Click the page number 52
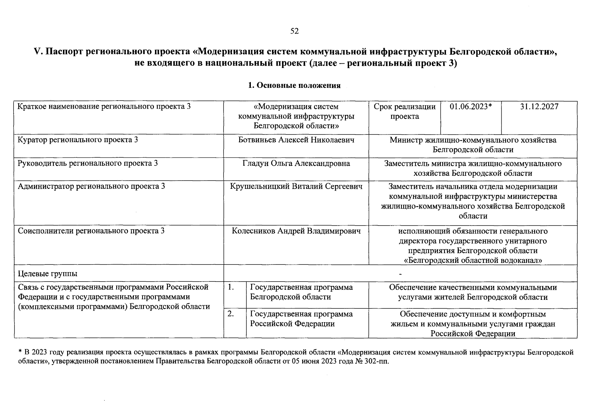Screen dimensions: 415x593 (294, 31)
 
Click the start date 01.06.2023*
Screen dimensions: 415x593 (471, 107)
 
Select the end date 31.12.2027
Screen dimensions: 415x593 (539, 107)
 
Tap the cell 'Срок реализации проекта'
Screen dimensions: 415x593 (404, 111)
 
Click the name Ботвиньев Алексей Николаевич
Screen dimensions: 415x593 (296, 140)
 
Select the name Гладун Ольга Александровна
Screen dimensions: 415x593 (296, 163)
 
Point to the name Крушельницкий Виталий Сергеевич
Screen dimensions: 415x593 (296, 186)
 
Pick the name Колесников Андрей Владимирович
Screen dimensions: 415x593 (296, 231)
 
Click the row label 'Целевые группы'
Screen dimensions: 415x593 (48, 274)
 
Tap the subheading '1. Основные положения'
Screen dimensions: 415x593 (294, 85)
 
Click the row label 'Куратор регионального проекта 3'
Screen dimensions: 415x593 (78, 140)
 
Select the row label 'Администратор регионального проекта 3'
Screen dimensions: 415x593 (91, 186)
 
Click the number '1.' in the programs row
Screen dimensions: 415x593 (231, 287)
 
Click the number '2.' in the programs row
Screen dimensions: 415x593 (231, 314)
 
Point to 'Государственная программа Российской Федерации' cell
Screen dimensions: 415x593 (301, 319)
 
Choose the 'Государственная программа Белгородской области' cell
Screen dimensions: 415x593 (301, 292)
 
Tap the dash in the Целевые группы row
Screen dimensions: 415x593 (400, 274)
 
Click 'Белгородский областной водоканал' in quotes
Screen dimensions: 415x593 (473, 260)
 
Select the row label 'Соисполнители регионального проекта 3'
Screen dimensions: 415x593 (91, 231)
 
